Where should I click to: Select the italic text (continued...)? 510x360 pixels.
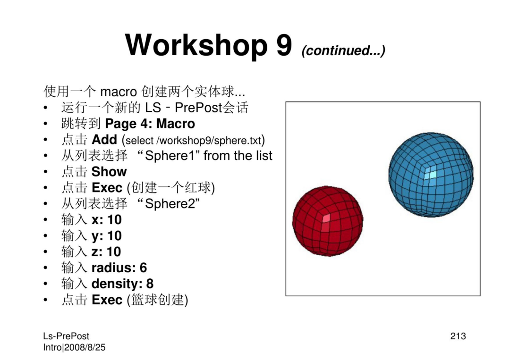[343, 50]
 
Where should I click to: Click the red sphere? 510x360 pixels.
[328, 221]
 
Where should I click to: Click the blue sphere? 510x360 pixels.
[431, 175]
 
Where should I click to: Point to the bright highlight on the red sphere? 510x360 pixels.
[326, 218]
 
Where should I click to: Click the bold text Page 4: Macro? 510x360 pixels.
[150, 124]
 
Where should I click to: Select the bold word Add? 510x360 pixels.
[104, 140]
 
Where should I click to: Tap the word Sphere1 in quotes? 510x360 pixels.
[170, 156]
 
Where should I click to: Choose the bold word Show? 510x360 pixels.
[109, 172]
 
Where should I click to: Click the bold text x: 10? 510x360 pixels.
[107, 220]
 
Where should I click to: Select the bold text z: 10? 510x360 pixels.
[106, 251]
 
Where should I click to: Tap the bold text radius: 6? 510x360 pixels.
[119, 268]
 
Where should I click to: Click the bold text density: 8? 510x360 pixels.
[122, 284]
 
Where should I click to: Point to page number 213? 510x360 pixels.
[458, 336]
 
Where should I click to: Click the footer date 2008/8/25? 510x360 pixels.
[85, 347]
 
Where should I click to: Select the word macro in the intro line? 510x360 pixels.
[119, 92]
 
